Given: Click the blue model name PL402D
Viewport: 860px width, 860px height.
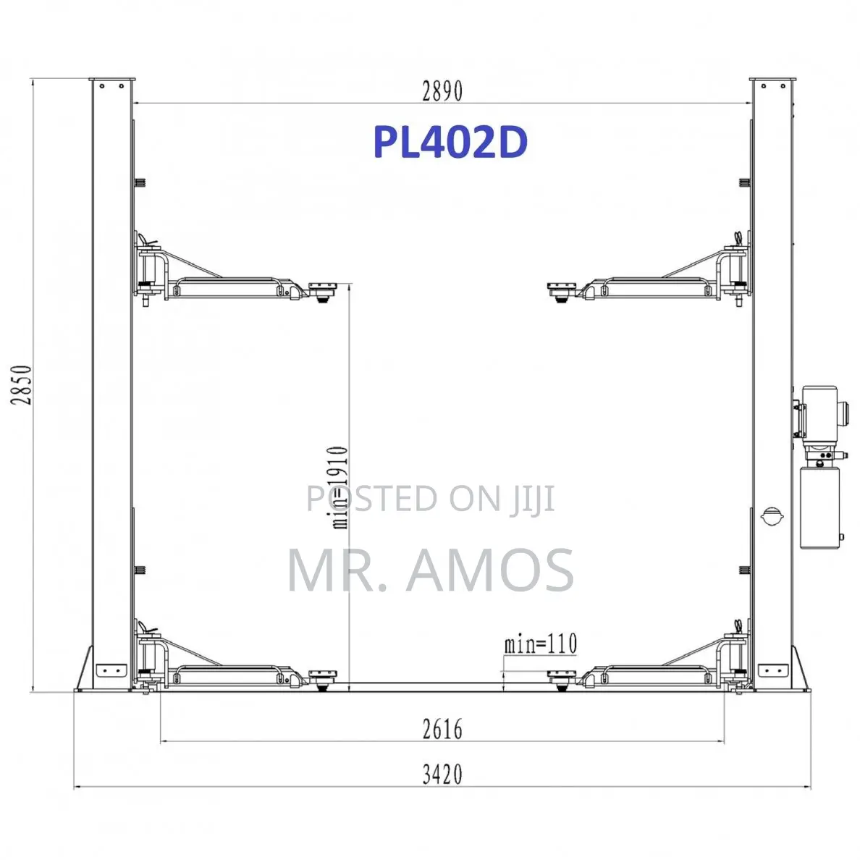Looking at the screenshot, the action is [450, 142].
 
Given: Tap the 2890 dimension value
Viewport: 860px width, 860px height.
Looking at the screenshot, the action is [442, 91].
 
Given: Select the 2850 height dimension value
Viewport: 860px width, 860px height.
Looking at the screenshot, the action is [22, 384].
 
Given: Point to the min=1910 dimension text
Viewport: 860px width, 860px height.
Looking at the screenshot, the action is [340, 488].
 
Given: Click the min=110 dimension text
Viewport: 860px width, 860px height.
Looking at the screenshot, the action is [541, 644].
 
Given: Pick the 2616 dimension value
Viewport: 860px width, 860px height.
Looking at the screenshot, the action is [442, 729].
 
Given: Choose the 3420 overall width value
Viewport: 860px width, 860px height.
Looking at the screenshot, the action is [442, 775].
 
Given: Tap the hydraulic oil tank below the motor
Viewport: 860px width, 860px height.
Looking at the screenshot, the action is [819, 507].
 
